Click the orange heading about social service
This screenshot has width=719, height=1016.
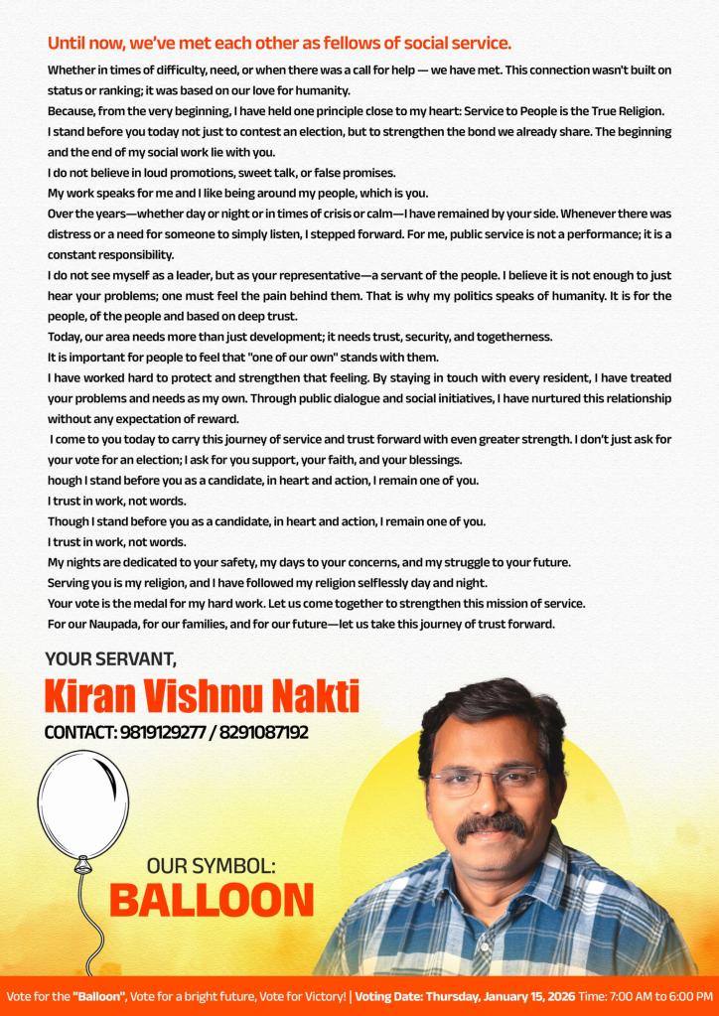click(x=279, y=44)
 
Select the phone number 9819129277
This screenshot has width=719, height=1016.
click(x=163, y=733)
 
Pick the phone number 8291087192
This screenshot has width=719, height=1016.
click(x=263, y=733)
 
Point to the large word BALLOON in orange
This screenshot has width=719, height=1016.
click(x=212, y=900)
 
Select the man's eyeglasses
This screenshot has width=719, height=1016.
click(x=487, y=780)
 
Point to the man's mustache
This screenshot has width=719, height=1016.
click(x=490, y=824)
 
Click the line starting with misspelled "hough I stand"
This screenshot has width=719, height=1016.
click(x=263, y=480)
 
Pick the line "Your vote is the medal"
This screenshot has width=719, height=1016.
click(x=316, y=603)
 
